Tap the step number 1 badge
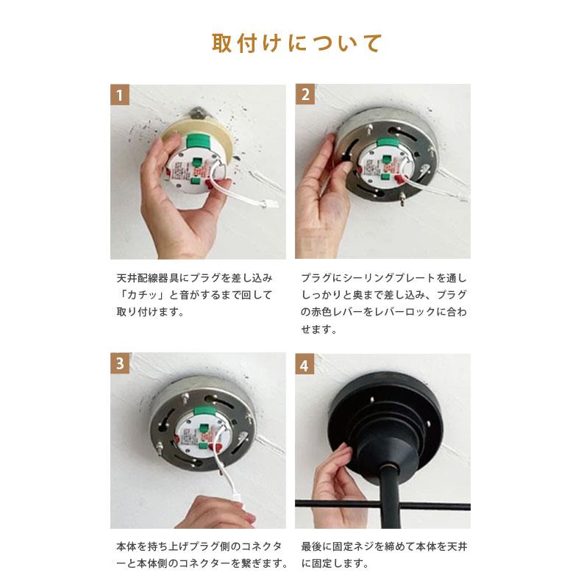click(x=121, y=94)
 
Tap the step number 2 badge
click(x=305, y=94)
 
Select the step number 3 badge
click(x=121, y=363)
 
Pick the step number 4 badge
click(x=305, y=363)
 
